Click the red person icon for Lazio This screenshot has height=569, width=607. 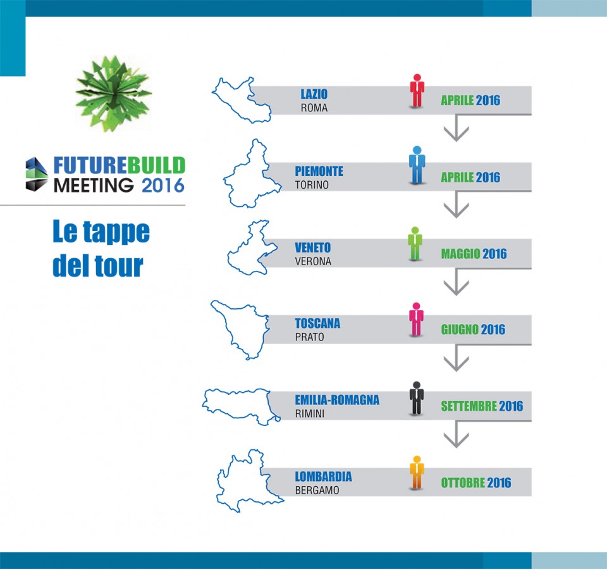click(x=417, y=91)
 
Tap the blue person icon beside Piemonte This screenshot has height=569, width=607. click(x=417, y=165)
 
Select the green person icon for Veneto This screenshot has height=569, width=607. click(x=415, y=244)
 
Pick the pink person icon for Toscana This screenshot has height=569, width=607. click(x=416, y=320)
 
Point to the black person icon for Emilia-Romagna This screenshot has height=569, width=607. click(x=417, y=398)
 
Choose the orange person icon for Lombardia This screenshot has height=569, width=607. click(x=417, y=473)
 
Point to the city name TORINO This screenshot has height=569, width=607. click(x=312, y=185)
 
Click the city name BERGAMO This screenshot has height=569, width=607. click(x=317, y=491)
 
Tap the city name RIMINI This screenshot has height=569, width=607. click(x=310, y=413)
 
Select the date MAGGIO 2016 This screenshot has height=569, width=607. click(x=474, y=254)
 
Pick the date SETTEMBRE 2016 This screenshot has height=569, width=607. click(x=482, y=406)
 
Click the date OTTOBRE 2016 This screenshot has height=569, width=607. click(x=476, y=482)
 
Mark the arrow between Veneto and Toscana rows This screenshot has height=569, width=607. click(x=456, y=282)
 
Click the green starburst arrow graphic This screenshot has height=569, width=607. click(x=113, y=93)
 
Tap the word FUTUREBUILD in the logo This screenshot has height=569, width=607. click(x=120, y=165)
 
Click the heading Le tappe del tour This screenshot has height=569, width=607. click(x=101, y=249)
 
